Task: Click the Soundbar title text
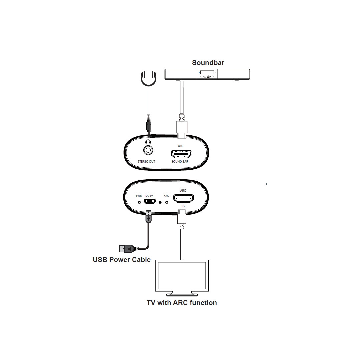(x=208, y=63)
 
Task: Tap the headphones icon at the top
(x=148, y=79)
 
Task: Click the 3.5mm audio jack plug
(x=148, y=125)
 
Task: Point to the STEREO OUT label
(x=147, y=162)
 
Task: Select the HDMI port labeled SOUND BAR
(x=181, y=154)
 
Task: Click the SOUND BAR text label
(x=180, y=162)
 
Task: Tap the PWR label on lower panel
(x=139, y=196)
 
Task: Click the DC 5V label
(x=149, y=196)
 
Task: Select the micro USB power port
(x=149, y=201)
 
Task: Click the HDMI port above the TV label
(x=183, y=199)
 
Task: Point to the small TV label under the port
(x=183, y=207)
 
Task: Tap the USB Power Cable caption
(x=122, y=260)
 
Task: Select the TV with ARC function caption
(x=182, y=303)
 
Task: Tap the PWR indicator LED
(x=139, y=202)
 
